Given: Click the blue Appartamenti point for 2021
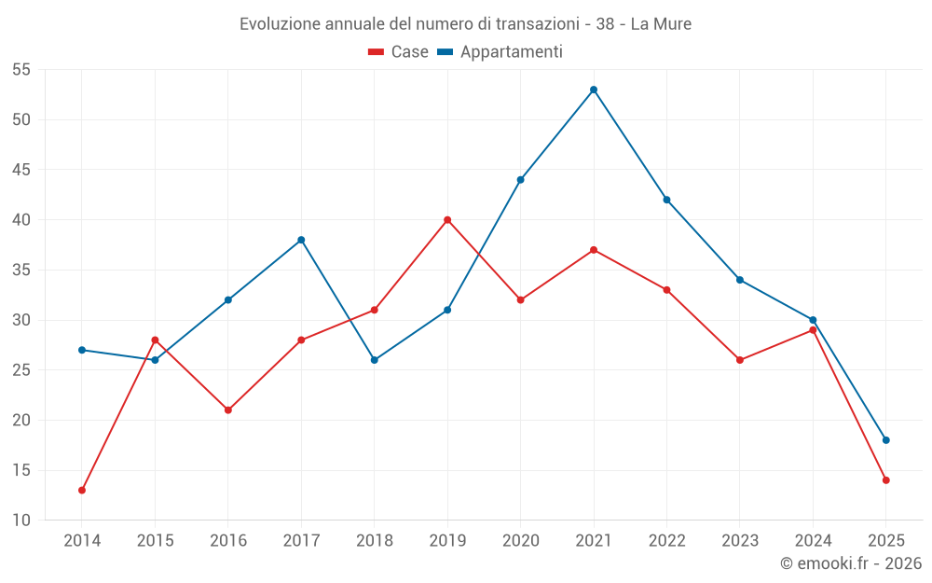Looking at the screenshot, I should [x=594, y=90].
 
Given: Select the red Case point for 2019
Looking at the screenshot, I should [x=447, y=220].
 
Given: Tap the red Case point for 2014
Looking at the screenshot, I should [x=82, y=490].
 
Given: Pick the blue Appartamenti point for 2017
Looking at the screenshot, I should [x=301, y=240].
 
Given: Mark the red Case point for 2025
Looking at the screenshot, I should [x=886, y=480].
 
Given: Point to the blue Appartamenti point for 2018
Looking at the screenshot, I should [x=375, y=360].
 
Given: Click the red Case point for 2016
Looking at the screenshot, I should [x=228, y=409].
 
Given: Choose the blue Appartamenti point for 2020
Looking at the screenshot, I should [x=521, y=180].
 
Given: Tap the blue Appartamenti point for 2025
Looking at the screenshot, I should [x=886, y=440].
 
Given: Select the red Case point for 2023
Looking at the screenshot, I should [x=740, y=360].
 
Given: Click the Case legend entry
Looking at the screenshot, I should [x=398, y=52].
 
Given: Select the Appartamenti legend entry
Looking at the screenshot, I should [x=500, y=52].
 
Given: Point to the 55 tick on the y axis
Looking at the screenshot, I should [x=21, y=70].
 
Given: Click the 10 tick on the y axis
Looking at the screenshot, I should [x=21, y=521].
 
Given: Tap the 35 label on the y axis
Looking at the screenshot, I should [x=21, y=271].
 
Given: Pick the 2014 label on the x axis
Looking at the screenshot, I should [x=82, y=541].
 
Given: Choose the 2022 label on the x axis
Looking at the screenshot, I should [x=667, y=541].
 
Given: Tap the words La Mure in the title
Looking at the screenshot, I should [x=661, y=24].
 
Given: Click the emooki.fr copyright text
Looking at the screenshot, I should [x=851, y=563].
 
